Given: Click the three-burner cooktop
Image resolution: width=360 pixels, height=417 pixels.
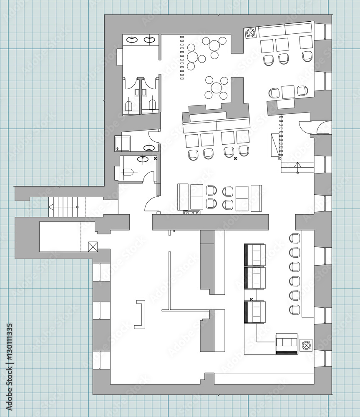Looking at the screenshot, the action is (191, 213).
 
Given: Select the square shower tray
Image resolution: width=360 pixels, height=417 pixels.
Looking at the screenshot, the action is (122, 143).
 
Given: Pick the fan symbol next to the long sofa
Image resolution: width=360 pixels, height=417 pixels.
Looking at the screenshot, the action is (250, 33).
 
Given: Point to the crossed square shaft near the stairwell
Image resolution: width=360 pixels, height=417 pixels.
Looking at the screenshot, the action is (93, 246).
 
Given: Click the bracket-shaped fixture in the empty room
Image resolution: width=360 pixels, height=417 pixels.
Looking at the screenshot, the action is (140, 314).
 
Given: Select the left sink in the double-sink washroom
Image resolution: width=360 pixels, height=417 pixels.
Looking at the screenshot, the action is (132, 40).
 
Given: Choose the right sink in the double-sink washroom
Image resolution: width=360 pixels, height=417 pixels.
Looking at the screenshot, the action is (150, 40).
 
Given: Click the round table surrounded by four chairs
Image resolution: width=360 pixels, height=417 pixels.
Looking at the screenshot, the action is (217, 88).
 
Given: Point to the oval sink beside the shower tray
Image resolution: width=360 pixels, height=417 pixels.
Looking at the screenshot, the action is (149, 148).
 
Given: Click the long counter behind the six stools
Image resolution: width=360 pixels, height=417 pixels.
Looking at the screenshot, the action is (308, 274).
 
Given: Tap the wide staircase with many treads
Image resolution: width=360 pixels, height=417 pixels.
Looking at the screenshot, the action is (67, 207).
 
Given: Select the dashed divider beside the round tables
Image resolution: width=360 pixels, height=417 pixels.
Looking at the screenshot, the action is (182, 58).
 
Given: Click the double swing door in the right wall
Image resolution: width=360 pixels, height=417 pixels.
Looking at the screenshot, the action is (315, 127).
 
